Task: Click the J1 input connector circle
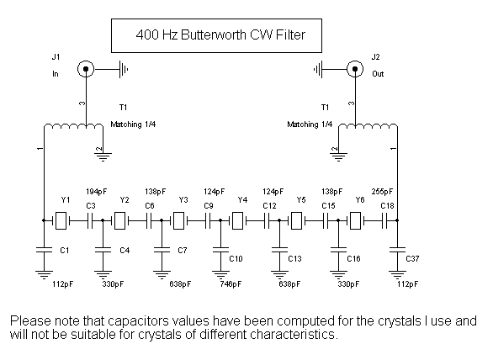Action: (86, 69)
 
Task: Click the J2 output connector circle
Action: (355, 69)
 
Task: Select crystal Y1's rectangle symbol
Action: (61, 220)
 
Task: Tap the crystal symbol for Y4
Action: (237, 220)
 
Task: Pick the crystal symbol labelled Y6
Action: (355, 220)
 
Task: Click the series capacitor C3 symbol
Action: (90, 220)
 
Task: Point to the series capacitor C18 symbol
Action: (384, 220)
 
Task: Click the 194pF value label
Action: (97, 192)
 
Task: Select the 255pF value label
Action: (382, 192)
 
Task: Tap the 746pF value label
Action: (231, 284)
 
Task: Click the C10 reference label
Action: (236, 259)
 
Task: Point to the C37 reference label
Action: (412, 259)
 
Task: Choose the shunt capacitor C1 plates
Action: (44, 250)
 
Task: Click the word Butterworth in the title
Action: (214, 34)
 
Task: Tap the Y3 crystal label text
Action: (183, 200)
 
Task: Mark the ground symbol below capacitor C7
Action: (162, 274)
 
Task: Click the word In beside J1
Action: (56, 74)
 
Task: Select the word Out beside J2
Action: (378, 74)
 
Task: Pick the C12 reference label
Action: (269, 206)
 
